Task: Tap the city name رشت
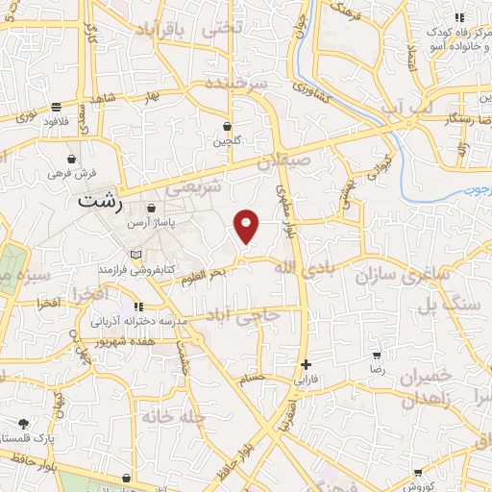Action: (x=100, y=204)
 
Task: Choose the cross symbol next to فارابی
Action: (x=306, y=364)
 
